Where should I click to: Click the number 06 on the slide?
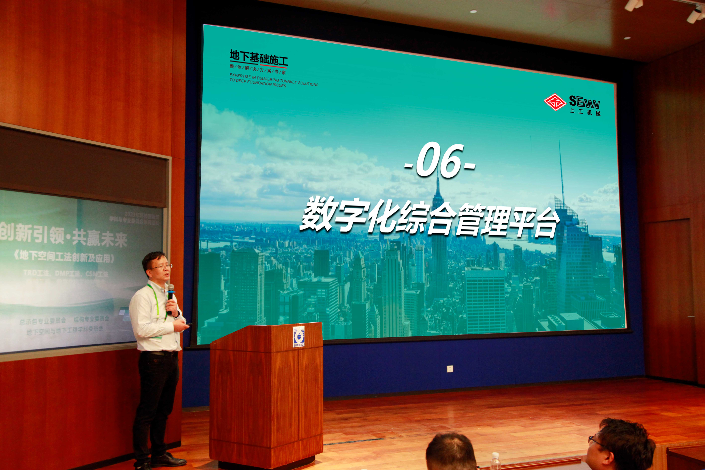pyautogui.click(x=440, y=161)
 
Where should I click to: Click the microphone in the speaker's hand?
pyautogui.click(x=171, y=291)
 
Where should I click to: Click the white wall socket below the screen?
pyautogui.click(x=450, y=368)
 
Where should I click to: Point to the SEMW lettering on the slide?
pyautogui.click(x=584, y=102)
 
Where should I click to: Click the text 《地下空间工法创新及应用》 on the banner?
pyautogui.click(x=64, y=257)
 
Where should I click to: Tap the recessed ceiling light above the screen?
pyautogui.click(x=473, y=11)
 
